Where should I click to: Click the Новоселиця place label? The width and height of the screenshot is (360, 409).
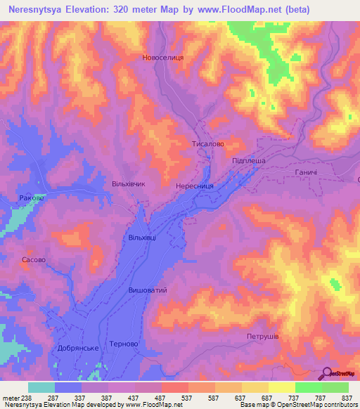[x=162, y=58]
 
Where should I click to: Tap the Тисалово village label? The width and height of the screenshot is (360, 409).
[x=208, y=143]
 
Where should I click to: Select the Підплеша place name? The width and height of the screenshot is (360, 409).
[x=248, y=161]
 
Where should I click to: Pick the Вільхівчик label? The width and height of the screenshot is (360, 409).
[x=129, y=183]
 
